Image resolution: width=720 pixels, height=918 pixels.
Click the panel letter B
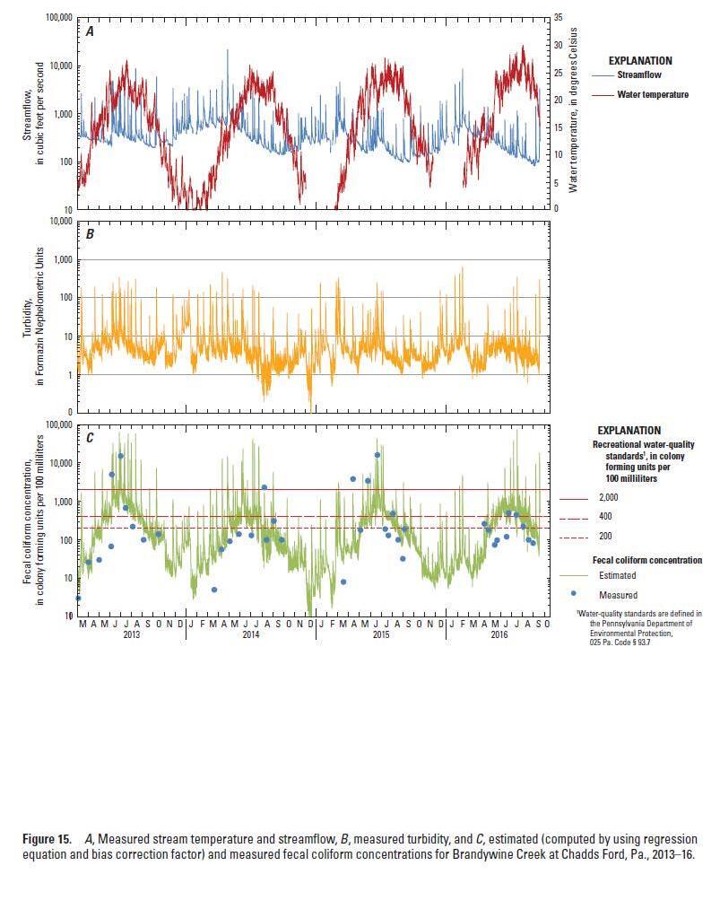90,234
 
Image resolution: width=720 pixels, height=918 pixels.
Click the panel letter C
90,438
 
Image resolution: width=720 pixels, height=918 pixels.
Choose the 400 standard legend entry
605,518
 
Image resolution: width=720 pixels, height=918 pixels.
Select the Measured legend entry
618,595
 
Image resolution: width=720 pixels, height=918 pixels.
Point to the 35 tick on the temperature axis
559,18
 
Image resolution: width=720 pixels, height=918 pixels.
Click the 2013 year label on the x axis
131,634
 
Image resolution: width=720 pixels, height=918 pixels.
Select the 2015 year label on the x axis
380,634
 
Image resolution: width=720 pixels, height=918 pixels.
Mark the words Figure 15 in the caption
46,839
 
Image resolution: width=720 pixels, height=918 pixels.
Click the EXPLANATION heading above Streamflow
640,61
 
